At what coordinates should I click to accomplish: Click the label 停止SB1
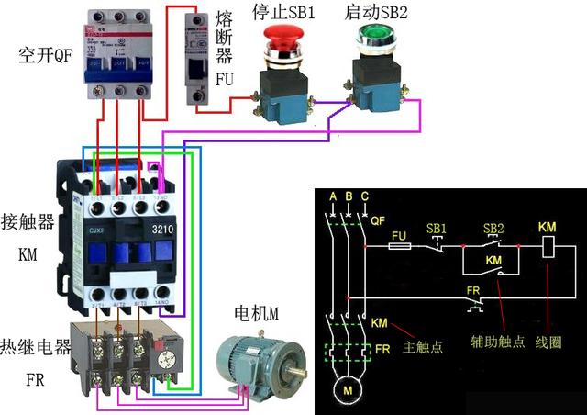[283, 12]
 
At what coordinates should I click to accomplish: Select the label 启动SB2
[376, 12]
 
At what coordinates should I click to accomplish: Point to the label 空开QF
[44, 55]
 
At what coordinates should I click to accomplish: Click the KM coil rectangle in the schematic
[547, 246]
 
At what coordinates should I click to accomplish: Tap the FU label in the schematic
[398, 235]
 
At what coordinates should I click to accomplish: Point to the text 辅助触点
[498, 342]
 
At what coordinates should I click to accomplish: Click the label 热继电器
[36, 348]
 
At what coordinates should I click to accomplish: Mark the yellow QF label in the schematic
[376, 220]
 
